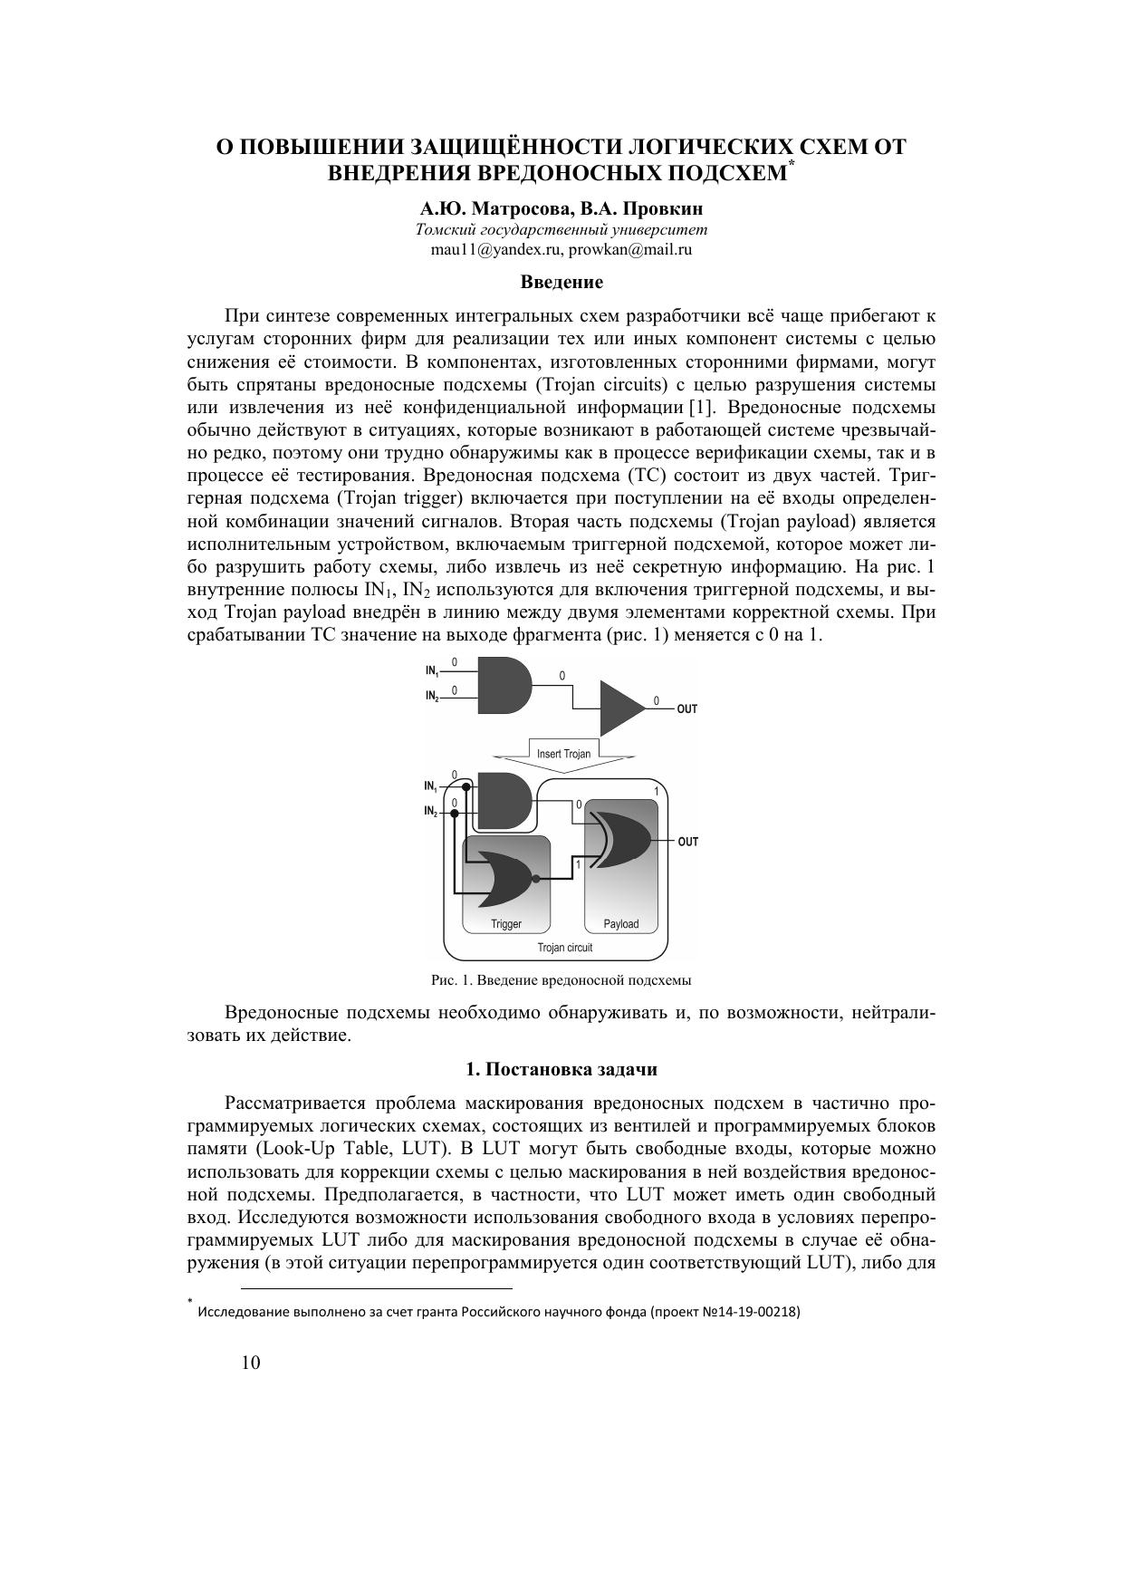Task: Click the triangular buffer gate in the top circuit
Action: pos(620,708)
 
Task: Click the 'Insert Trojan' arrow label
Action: pos(563,754)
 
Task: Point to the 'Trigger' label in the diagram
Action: pos(506,924)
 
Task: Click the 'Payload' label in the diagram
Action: pos(621,924)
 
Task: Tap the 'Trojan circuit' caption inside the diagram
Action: pos(564,948)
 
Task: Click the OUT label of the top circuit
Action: pos(687,709)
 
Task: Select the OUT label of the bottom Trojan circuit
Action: pos(688,842)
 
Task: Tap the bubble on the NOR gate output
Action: pos(536,879)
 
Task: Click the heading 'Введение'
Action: pos(561,282)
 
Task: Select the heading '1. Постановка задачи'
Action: pos(561,1069)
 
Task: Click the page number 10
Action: pos(251,1363)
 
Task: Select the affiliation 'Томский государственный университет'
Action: pos(561,230)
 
